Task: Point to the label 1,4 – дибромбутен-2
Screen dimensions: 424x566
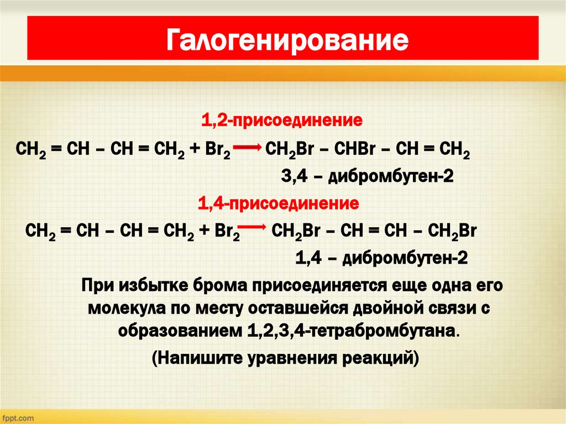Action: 382,258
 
